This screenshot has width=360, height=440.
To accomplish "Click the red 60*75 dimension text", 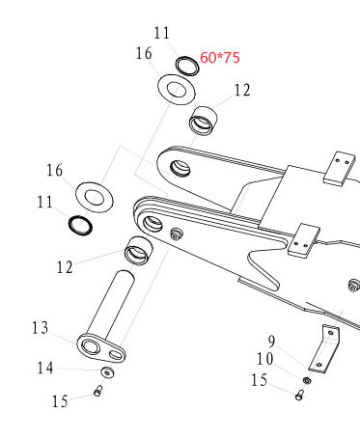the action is pyautogui.click(x=220, y=58).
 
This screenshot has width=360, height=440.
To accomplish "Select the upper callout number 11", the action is pyautogui.click(x=161, y=33).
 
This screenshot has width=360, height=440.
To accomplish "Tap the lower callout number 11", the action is pyautogui.click(x=45, y=203).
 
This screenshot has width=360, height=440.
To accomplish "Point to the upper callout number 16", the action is pyautogui.click(x=144, y=53).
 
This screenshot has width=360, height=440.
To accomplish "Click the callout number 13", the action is pyautogui.click(x=40, y=328).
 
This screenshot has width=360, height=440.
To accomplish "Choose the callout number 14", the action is pyautogui.click(x=45, y=368).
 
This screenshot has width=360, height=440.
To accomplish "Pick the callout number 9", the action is pyautogui.click(x=272, y=342).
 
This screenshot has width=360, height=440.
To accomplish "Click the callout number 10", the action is pyautogui.click(x=265, y=359).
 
